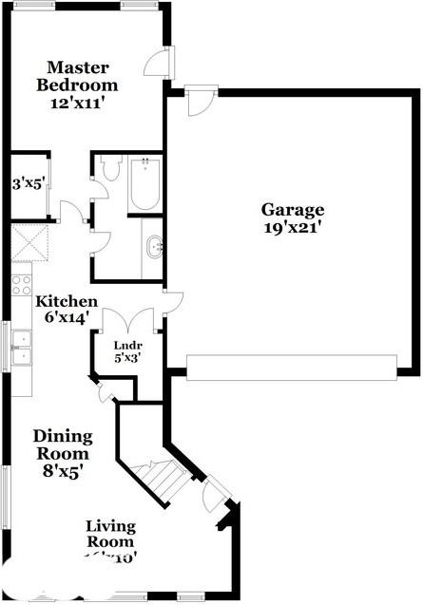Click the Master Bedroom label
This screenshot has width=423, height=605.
point(78,76)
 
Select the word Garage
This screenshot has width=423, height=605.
point(293,210)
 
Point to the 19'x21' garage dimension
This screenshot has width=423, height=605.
point(293,228)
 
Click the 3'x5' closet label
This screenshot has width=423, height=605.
point(26,183)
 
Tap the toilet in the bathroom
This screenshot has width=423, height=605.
point(107,169)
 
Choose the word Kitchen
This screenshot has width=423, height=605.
point(67,301)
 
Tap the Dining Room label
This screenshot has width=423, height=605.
point(63,445)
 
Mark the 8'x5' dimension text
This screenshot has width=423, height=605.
point(63,472)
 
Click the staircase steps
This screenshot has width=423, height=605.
point(157,480)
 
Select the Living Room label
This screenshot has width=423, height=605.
point(110,534)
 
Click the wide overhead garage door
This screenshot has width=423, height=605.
point(291,367)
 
